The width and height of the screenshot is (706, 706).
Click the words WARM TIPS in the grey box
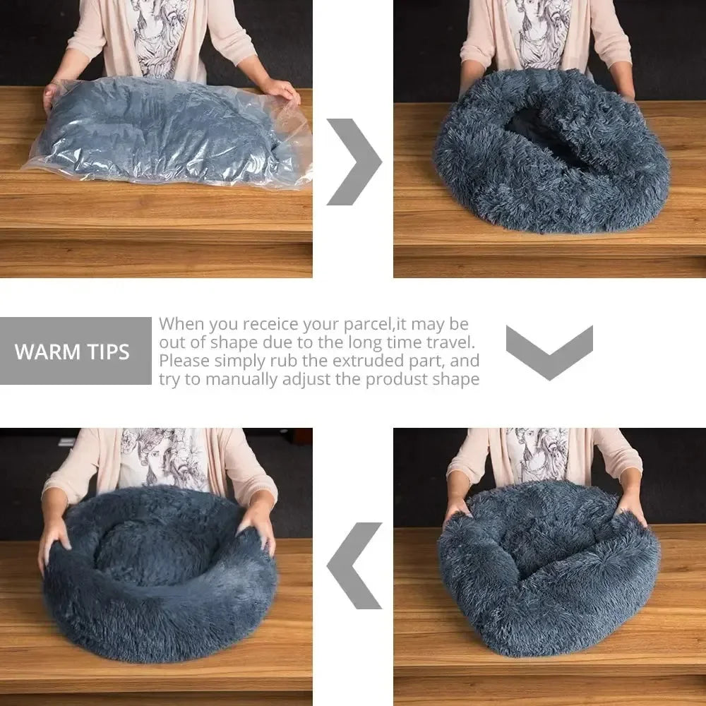point(73,352)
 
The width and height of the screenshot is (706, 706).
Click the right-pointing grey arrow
point(354,162)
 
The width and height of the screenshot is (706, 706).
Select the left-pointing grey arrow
point(354,565)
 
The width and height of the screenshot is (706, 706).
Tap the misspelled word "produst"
point(412,380)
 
